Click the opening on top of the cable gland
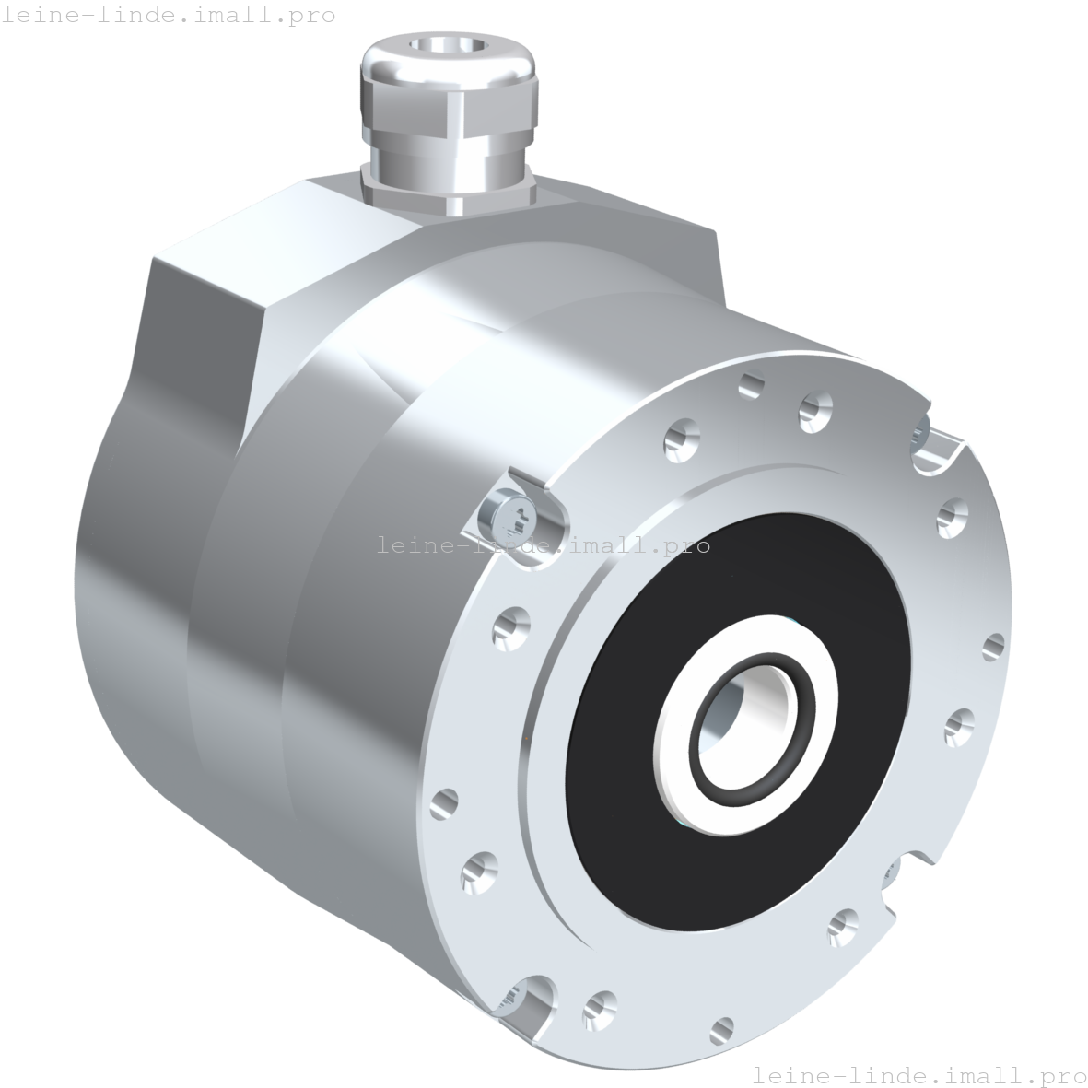[448, 46]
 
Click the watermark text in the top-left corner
[169, 15]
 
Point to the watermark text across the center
[544, 544]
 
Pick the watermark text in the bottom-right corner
[919, 1075]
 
